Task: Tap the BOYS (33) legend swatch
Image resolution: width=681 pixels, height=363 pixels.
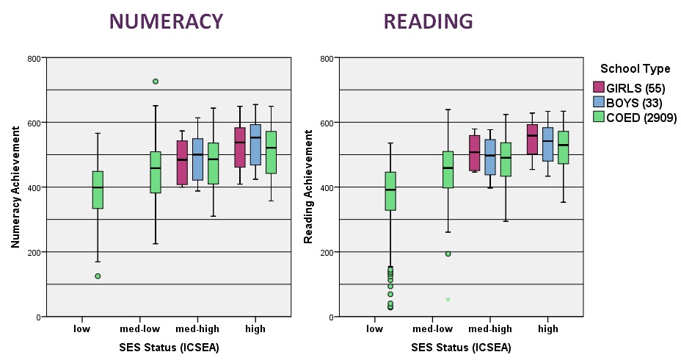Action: [x=599, y=101]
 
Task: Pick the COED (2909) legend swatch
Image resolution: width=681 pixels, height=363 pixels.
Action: [x=599, y=117]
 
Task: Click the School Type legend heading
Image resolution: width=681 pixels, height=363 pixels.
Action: [x=635, y=69]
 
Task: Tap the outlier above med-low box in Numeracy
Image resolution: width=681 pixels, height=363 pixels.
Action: [x=156, y=82]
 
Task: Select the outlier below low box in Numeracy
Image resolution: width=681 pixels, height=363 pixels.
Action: [x=98, y=276]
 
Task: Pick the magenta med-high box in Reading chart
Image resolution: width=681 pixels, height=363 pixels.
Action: [x=474, y=153]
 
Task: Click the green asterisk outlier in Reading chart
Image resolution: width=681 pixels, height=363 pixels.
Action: [x=448, y=300]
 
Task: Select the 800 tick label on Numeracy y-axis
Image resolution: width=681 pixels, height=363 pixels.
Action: [x=34, y=59]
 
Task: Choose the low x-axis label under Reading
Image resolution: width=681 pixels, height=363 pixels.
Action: [x=375, y=329]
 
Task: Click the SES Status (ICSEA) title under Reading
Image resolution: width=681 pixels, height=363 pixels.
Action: [x=462, y=348]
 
